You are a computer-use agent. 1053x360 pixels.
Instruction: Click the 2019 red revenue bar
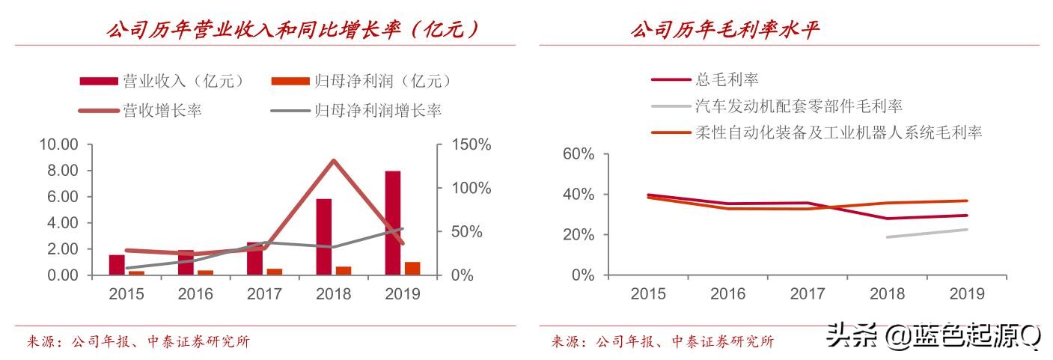click(392, 223)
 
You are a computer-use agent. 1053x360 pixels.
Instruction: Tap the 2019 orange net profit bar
click(412, 269)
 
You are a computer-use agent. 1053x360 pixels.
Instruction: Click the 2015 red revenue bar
click(117, 265)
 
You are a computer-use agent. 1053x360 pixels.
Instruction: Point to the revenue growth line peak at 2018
click(333, 161)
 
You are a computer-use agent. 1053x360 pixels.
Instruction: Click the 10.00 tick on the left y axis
click(58, 144)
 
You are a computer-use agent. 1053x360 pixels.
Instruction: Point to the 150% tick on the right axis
click(470, 144)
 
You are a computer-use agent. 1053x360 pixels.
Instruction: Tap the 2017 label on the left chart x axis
click(264, 293)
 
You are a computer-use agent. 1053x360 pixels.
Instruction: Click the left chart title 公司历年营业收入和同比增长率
click(293, 30)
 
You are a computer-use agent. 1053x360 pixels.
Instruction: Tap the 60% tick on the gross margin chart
click(578, 154)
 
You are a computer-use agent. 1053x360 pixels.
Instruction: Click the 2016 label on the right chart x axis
click(727, 293)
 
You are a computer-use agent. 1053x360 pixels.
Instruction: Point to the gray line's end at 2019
click(967, 229)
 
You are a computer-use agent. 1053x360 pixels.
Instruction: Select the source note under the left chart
click(138, 342)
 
